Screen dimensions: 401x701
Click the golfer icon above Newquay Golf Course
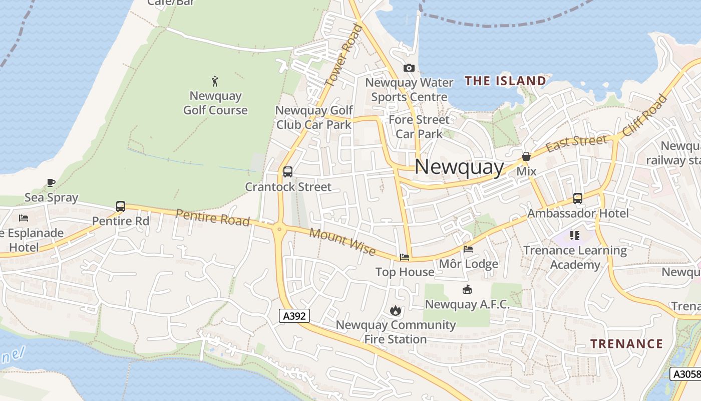215,81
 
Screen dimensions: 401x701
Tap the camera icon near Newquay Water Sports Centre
409,68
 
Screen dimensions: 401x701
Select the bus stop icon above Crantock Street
287,172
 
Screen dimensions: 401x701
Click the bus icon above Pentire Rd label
121,206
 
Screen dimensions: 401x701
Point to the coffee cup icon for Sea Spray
51,182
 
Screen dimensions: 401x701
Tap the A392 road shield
294,316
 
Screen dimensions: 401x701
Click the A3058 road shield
685,374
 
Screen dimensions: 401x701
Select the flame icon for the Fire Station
396,310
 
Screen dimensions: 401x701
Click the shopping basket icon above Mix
526,156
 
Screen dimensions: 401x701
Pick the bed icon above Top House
405,257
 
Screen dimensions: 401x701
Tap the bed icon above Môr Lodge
468,249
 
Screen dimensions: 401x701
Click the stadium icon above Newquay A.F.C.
467,289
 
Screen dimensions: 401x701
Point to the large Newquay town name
459,167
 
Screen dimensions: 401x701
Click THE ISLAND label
505,81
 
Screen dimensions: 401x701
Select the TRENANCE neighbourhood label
626,344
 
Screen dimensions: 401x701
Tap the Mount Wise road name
342,242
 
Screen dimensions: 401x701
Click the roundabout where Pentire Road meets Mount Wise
279,230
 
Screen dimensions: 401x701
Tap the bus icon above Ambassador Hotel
578,198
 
